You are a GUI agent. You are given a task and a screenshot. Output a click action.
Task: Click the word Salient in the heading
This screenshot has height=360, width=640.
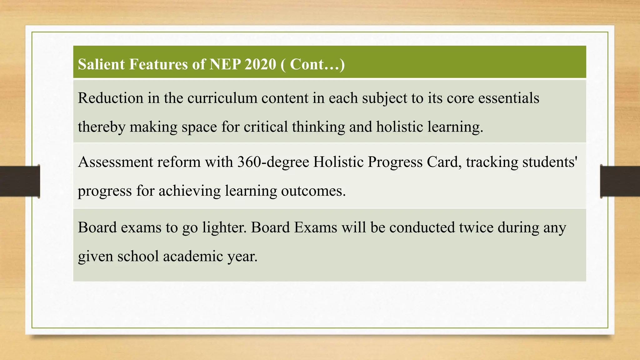pyautogui.click(x=101, y=64)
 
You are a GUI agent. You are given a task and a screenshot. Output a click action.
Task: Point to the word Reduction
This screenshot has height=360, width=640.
pyautogui.click(x=110, y=98)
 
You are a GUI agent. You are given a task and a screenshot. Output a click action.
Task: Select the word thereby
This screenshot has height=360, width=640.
pyautogui.click(x=101, y=127)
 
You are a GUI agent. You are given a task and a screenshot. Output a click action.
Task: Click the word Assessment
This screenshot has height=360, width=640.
pyautogui.click(x=115, y=162)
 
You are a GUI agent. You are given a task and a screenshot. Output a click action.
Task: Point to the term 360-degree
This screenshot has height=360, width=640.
pyautogui.click(x=273, y=162)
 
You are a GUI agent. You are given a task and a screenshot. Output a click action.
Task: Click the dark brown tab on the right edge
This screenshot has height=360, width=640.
pyautogui.click(x=620, y=181)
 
